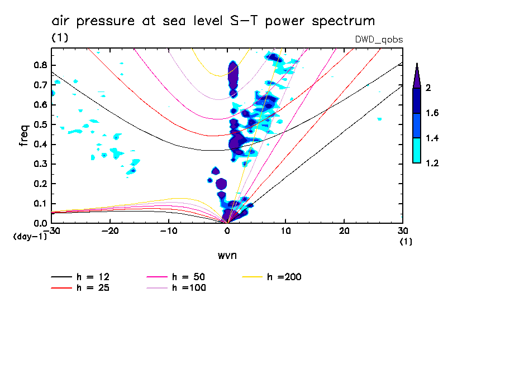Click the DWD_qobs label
[x=379, y=40]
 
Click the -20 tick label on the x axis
[x=109, y=231]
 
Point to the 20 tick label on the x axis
[x=344, y=231]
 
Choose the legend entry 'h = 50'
[x=190, y=277]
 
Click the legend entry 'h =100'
[x=190, y=288]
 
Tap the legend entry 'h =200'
[x=285, y=277]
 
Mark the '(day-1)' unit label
[x=30, y=237]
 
